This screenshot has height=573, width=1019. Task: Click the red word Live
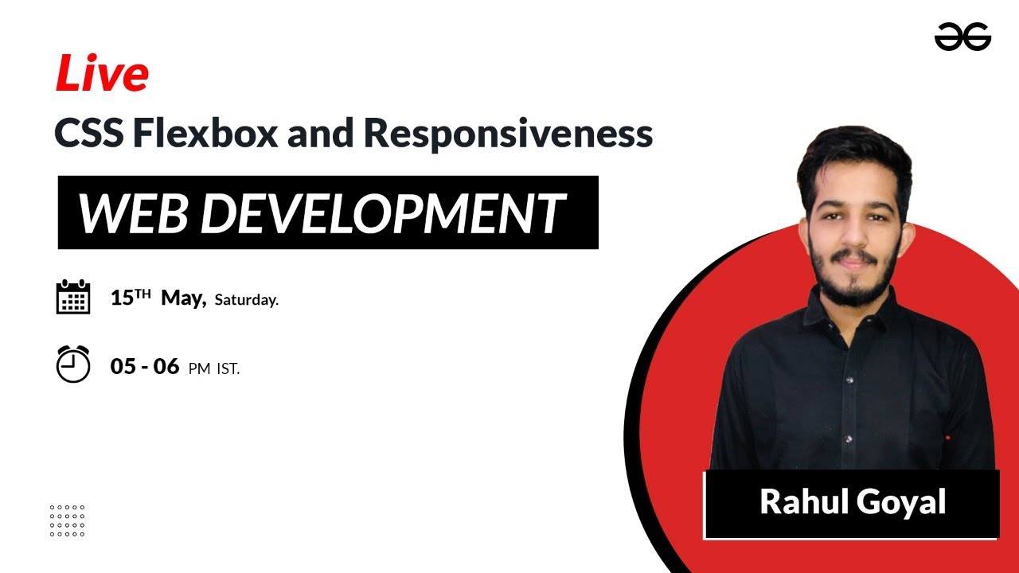click(x=101, y=75)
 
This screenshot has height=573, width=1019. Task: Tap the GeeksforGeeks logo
click(x=962, y=37)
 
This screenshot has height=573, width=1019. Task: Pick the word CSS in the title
click(x=88, y=134)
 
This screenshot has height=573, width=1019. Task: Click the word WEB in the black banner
click(x=135, y=213)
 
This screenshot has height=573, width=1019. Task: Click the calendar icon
click(x=73, y=297)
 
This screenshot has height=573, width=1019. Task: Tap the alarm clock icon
click(x=73, y=364)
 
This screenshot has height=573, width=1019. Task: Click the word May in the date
click(x=183, y=298)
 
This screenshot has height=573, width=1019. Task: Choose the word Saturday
click(x=246, y=301)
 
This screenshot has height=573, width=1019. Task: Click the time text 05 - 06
click(x=144, y=366)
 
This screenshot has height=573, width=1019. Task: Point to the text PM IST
click(x=214, y=368)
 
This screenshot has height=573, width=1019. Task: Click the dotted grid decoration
click(x=67, y=520)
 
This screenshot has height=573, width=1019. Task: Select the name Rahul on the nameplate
click(x=803, y=503)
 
